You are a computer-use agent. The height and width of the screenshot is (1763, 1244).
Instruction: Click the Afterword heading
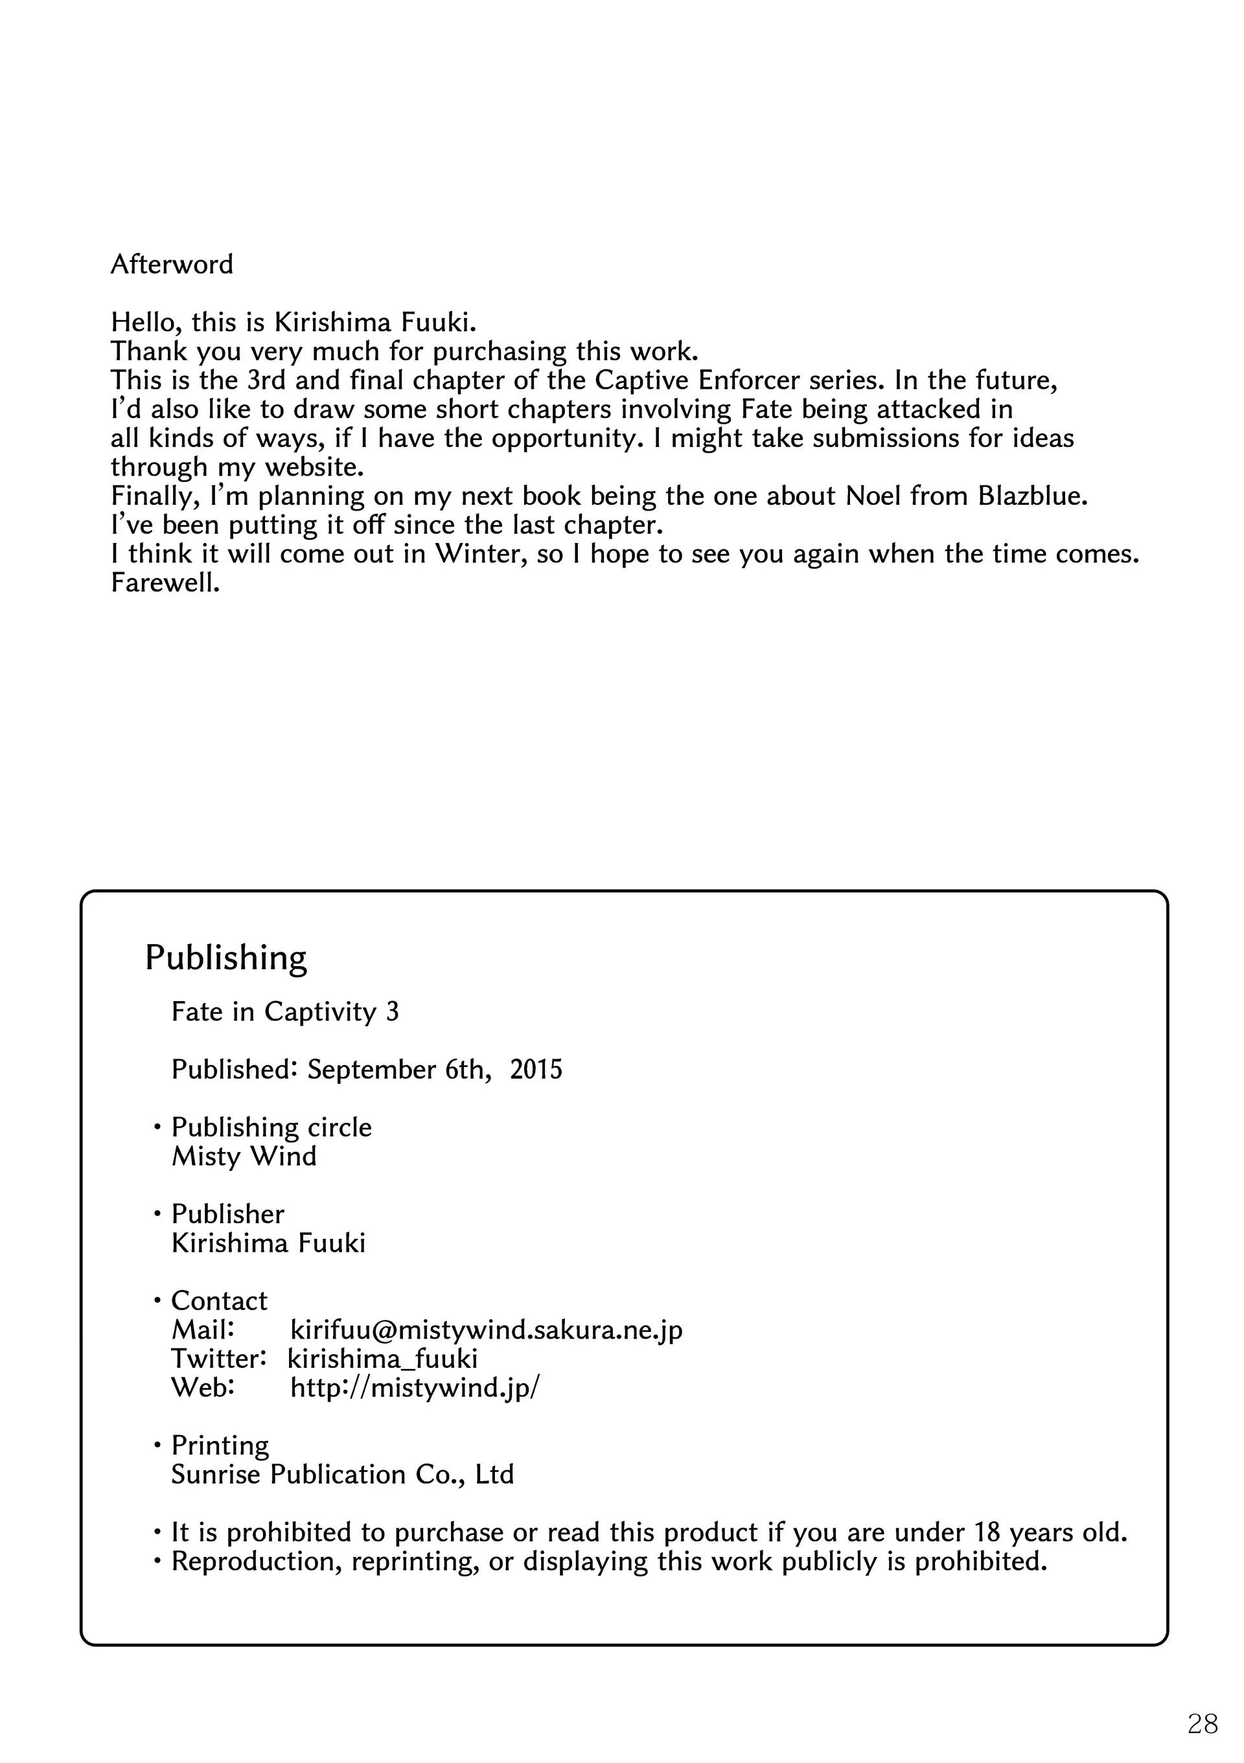pyautogui.click(x=171, y=264)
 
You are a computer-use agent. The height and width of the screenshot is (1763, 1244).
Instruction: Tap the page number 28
pyautogui.click(x=1203, y=1724)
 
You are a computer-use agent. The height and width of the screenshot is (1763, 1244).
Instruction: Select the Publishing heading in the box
pyautogui.click(x=225, y=958)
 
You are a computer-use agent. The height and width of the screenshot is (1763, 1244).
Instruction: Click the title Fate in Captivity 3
pyautogui.click(x=285, y=1012)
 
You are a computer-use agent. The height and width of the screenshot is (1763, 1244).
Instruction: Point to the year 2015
pyautogui.click(x=536, y=1070)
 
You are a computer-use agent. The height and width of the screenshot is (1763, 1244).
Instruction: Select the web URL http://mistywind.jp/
pyautogui.click(x=415, y=1387)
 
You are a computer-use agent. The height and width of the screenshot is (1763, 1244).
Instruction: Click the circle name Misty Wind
pyautogui.click(x=244, y=1157)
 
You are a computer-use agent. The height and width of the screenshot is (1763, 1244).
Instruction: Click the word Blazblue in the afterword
pyautogui.click(x=1032, y=496)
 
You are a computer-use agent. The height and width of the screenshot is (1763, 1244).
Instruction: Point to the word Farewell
pyautogui.click(x=165, y=582)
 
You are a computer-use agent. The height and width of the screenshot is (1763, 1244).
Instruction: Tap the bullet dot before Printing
pyautogui.click(x=157, y=1447)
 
